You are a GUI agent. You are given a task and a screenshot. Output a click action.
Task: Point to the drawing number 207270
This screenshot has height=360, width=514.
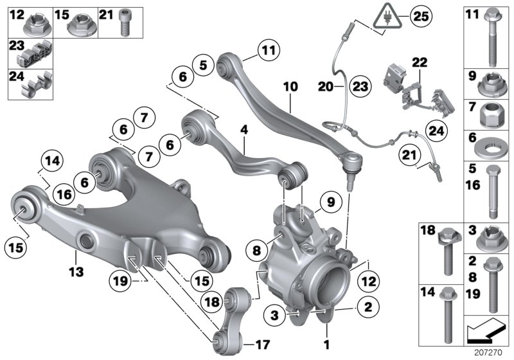point(489,352)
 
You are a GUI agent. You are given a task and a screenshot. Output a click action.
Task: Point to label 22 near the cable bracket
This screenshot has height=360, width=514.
point(418,62)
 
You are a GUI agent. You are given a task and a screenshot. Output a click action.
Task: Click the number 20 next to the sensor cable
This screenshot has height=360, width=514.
point(324,85)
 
